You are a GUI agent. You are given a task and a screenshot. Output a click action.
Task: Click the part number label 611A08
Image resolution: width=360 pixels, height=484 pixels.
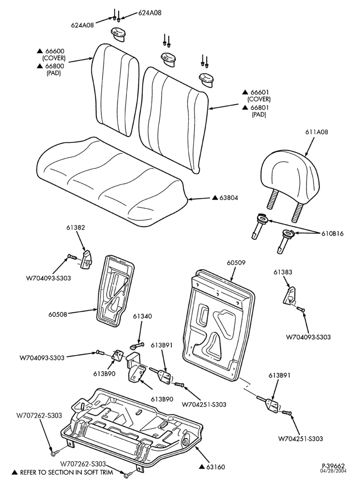(x=317, y=132)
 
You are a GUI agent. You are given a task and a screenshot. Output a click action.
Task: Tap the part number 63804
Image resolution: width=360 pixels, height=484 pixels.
(x=228, y=198)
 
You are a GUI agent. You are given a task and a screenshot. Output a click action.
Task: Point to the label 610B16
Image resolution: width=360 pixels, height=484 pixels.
(x=332, y=234)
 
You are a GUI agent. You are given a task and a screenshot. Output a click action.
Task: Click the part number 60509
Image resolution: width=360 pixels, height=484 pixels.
(x=236, y=263)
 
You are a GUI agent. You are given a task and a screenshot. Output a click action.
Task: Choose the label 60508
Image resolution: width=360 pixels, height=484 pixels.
(x=58, y=315)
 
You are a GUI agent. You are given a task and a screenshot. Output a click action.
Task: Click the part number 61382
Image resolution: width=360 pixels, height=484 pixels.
(x=75, y=227)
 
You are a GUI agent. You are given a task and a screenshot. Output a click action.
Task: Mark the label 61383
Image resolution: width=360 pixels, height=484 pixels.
(x=283, y=272)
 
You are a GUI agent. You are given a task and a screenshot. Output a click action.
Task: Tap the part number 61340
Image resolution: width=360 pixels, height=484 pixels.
(x=143, y=317)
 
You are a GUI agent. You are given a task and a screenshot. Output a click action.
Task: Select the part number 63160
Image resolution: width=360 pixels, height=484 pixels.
(x=216, y=467)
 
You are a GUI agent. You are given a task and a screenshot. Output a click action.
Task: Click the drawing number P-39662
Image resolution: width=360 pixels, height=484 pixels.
(x=333, y=466)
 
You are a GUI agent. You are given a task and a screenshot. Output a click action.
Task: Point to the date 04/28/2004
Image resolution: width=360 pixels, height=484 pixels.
(x=334, y=471)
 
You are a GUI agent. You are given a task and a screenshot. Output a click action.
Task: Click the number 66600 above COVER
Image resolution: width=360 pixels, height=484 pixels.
(x=55, y=51)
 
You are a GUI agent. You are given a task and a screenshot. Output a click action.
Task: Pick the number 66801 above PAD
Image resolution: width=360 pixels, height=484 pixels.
(x=260, y=107)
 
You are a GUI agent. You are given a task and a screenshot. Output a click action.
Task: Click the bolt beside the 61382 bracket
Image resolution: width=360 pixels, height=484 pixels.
(x=72, y=256)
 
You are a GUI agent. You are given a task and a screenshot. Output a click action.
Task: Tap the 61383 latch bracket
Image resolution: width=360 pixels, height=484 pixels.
(x=290, y=296)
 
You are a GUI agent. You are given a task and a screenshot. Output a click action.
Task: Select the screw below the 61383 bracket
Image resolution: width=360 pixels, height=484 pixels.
(x=300, y=309)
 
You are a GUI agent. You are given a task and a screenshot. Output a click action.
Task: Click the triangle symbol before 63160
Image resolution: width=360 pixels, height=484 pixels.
(x=202, y=467)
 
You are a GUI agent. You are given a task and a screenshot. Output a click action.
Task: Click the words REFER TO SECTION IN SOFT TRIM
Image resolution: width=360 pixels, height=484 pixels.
(x=66, y=472)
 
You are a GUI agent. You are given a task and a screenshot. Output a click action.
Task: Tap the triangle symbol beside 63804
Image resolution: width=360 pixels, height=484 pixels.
(x=215, y=197)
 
